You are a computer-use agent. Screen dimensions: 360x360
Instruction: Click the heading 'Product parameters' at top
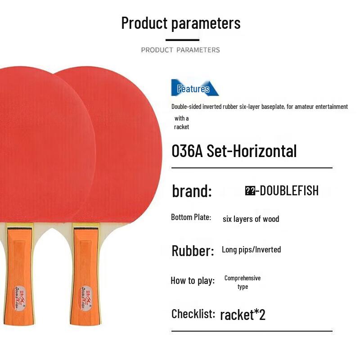(180, 23)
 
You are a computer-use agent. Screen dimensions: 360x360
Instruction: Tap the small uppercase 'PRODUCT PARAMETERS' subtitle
(180, 50)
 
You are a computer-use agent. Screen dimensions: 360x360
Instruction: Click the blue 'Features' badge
(193, 89)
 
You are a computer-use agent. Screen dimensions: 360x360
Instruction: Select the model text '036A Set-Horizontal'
(234, 151)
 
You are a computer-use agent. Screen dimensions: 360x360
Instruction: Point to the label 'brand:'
(192, 191)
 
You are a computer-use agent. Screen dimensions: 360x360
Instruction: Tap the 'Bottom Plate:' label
(191, 217)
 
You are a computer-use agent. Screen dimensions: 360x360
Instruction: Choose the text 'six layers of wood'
(251, 219)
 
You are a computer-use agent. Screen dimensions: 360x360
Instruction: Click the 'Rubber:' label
(193, 251)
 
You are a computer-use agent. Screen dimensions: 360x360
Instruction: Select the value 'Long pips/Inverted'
(251, 250)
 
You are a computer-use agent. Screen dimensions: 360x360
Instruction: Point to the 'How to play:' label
(193, 281)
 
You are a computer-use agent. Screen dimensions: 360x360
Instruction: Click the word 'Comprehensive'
(243, 278)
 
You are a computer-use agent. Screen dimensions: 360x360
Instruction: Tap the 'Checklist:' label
(193, 314)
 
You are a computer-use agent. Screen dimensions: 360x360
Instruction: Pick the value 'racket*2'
(243, 315)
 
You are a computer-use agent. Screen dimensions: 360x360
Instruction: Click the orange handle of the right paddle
(86, 270)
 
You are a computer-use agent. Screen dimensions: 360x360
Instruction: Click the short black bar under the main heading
(182, 40)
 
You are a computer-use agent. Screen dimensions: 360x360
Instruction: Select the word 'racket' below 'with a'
(181, 127)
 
